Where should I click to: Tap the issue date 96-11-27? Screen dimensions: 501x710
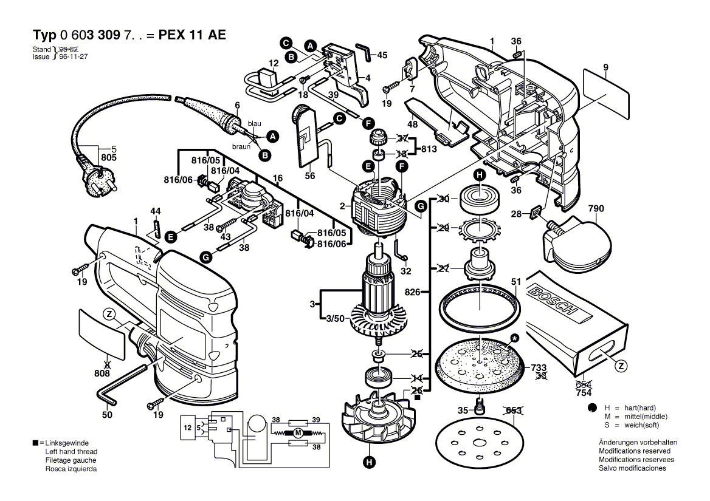tap(74, 56)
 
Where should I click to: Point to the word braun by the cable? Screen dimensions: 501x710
tap(241, 146)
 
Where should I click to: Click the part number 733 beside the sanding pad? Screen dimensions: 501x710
tap(539, 367)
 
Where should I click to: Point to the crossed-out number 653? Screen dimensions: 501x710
tap(514, 411)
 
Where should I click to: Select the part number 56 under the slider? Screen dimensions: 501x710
tap(310, 176)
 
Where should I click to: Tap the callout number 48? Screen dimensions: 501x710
tap(412, 124)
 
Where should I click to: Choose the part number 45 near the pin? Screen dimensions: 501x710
tap(382, 55)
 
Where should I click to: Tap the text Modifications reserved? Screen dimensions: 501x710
tap(634, 451)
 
